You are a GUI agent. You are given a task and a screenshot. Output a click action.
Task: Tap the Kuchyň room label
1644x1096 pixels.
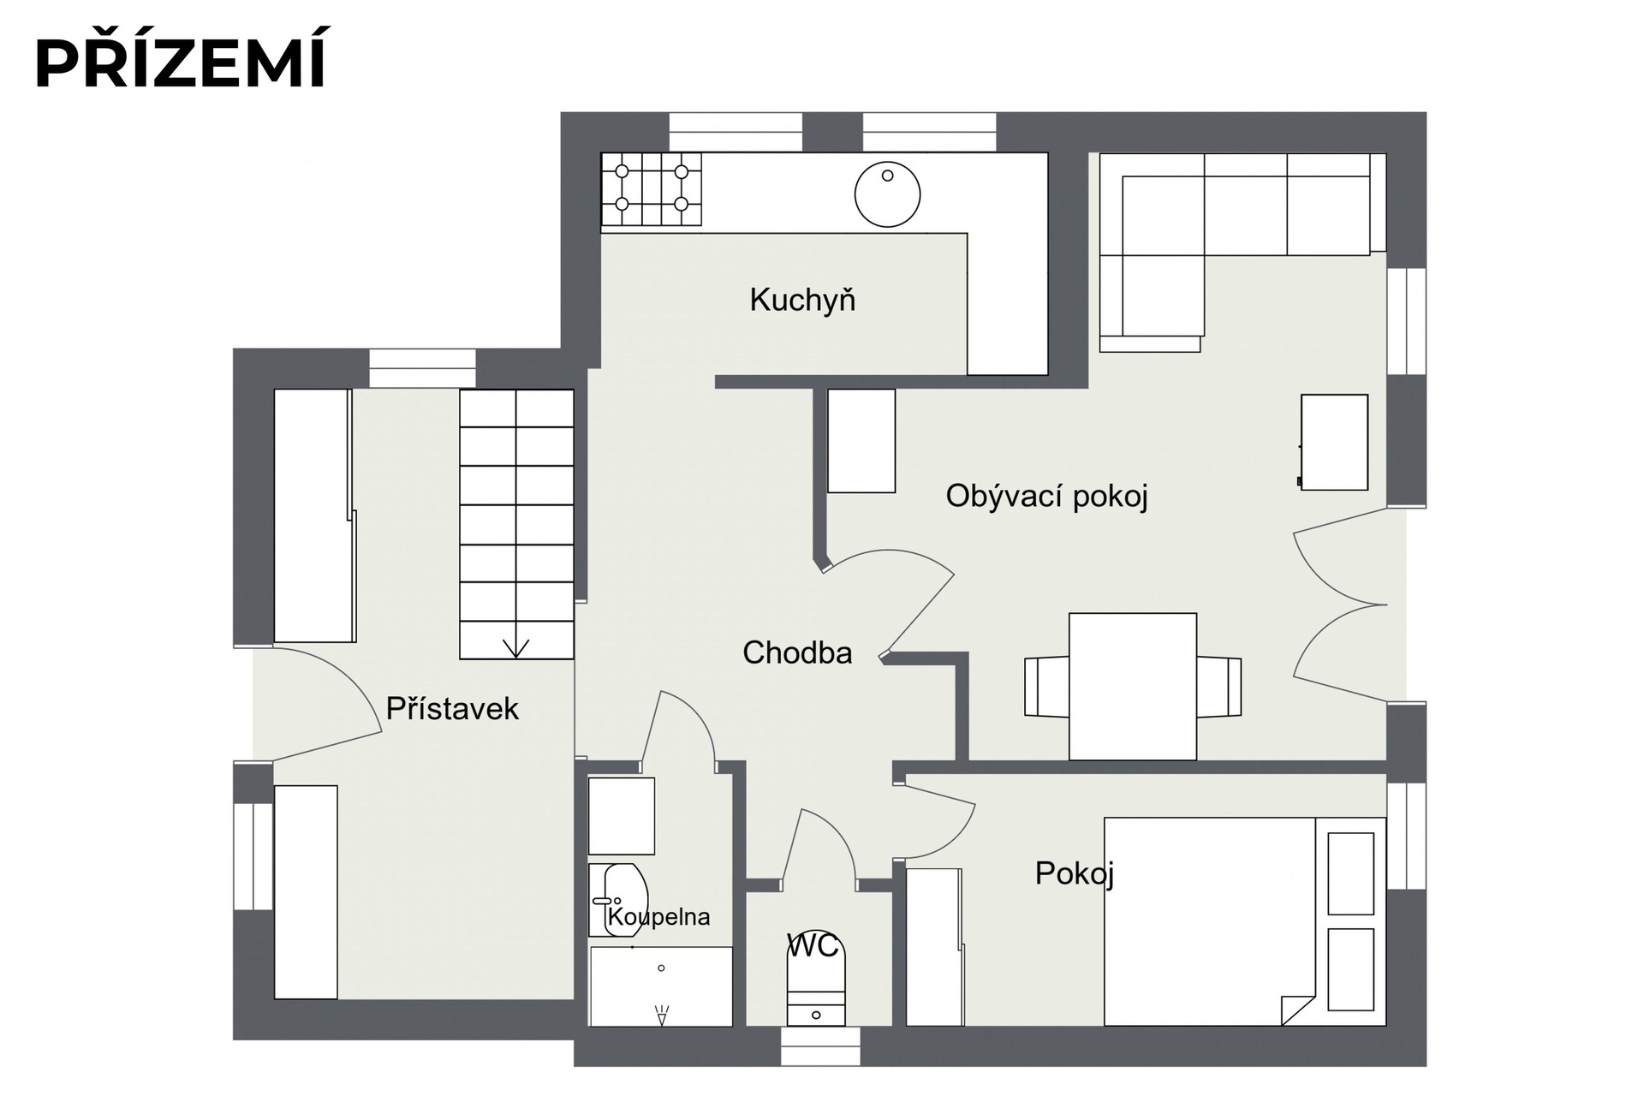pyautogui.click(x=802, y=301)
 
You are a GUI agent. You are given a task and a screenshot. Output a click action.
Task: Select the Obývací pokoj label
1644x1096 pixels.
pyautogui.click(x=1046, y=497)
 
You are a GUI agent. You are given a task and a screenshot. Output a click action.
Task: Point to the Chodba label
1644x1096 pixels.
pyautogui.click(x=797, y=653)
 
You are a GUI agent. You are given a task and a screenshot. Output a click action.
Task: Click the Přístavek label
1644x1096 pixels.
pyautogui.click(x=452, y=709)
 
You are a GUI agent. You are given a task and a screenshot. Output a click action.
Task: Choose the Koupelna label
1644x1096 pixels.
pyautogui.click(x=658, y=917)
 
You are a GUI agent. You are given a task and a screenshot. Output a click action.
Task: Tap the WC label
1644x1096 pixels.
pyautogui.click(x=813, y=946)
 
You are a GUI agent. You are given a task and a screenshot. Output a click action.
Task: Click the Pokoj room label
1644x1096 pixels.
pyautogui.click(x=1075, y=874)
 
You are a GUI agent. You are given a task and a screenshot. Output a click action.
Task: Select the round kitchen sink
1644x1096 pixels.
pyautogui.click(x=887, y=194)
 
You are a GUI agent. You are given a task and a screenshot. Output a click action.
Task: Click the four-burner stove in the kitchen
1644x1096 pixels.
pyautogui.click(x=652, y=189)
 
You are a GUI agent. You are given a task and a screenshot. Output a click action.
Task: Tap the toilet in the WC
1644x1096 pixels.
pyautogui.click(x=816, y=980)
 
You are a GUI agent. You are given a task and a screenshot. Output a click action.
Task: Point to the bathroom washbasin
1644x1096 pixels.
pyautogui.click(x=617, y=900)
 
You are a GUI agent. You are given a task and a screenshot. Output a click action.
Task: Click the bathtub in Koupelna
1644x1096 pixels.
pyautogui.click(x=661, y=986)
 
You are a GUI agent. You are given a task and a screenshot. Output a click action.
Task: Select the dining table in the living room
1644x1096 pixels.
pyautogui.click(x=1133, y=686)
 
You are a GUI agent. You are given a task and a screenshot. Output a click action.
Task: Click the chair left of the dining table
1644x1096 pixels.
pyautogui.click(x=1046, y=687)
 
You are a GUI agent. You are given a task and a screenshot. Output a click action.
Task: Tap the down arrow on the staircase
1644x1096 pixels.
pyautogui.click(x=515, y=649)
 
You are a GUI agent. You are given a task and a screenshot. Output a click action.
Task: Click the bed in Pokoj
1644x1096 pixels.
pyautogui.click(x=1245, y=921)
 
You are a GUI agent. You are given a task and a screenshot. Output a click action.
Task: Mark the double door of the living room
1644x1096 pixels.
pyautogui.click(x=1340, y=605)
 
